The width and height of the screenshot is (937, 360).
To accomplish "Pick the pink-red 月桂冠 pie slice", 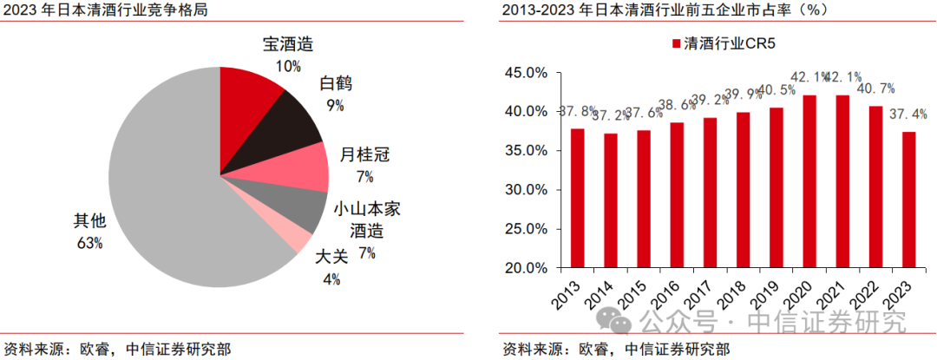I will [x=299, y=169].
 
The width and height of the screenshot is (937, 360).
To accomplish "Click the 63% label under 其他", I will [x=88, y=243].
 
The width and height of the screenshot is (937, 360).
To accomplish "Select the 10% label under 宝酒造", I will [x=288, y=65].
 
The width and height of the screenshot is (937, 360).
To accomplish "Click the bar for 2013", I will [x=578, y=198].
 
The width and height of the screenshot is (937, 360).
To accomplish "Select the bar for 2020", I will [x=809, y=181].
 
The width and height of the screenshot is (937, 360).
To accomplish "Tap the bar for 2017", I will [x=710, y=193].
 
